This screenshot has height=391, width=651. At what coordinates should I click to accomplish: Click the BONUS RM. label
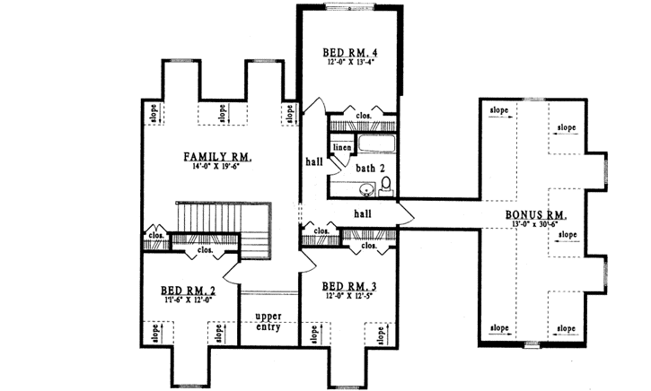click(535, 215)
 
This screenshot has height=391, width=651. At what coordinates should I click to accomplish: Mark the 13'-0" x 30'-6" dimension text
click(535, 225)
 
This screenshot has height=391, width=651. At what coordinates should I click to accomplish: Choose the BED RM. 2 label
click(189, 290)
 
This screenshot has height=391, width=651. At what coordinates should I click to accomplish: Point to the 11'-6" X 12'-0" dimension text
click(189, 300)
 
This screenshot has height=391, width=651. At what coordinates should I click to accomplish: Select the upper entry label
click(268, 322)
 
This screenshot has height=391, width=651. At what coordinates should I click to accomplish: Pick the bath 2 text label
click(370, 168)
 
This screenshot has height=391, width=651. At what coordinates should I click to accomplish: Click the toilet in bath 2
click(386, 186)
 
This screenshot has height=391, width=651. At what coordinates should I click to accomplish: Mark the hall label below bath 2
click(363, 213)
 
